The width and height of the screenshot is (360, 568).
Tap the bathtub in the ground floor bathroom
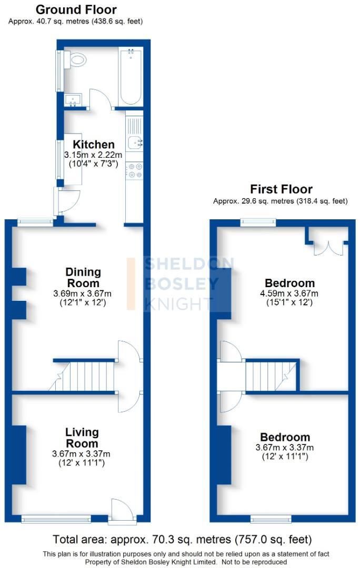pos(131,77)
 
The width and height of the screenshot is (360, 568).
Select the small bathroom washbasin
pos(73,100)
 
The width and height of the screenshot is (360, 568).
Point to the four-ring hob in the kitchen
pos(135,170)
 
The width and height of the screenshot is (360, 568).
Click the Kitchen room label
pos(94,144)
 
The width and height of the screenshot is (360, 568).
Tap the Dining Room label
pos(83,278)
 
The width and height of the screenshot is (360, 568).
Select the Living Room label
pos(82,438)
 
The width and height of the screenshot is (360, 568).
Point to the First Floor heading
pos(282,189)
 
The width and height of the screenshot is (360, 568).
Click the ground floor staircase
pos(82,377)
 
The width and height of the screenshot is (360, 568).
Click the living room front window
pos(56,519)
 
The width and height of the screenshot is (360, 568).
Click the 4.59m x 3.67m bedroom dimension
pos(289,293)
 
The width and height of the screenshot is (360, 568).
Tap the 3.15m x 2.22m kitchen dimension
pos(93,155)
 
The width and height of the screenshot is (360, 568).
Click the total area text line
pos(182,540)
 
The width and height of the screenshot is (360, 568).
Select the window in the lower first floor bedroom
pos(271,519)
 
